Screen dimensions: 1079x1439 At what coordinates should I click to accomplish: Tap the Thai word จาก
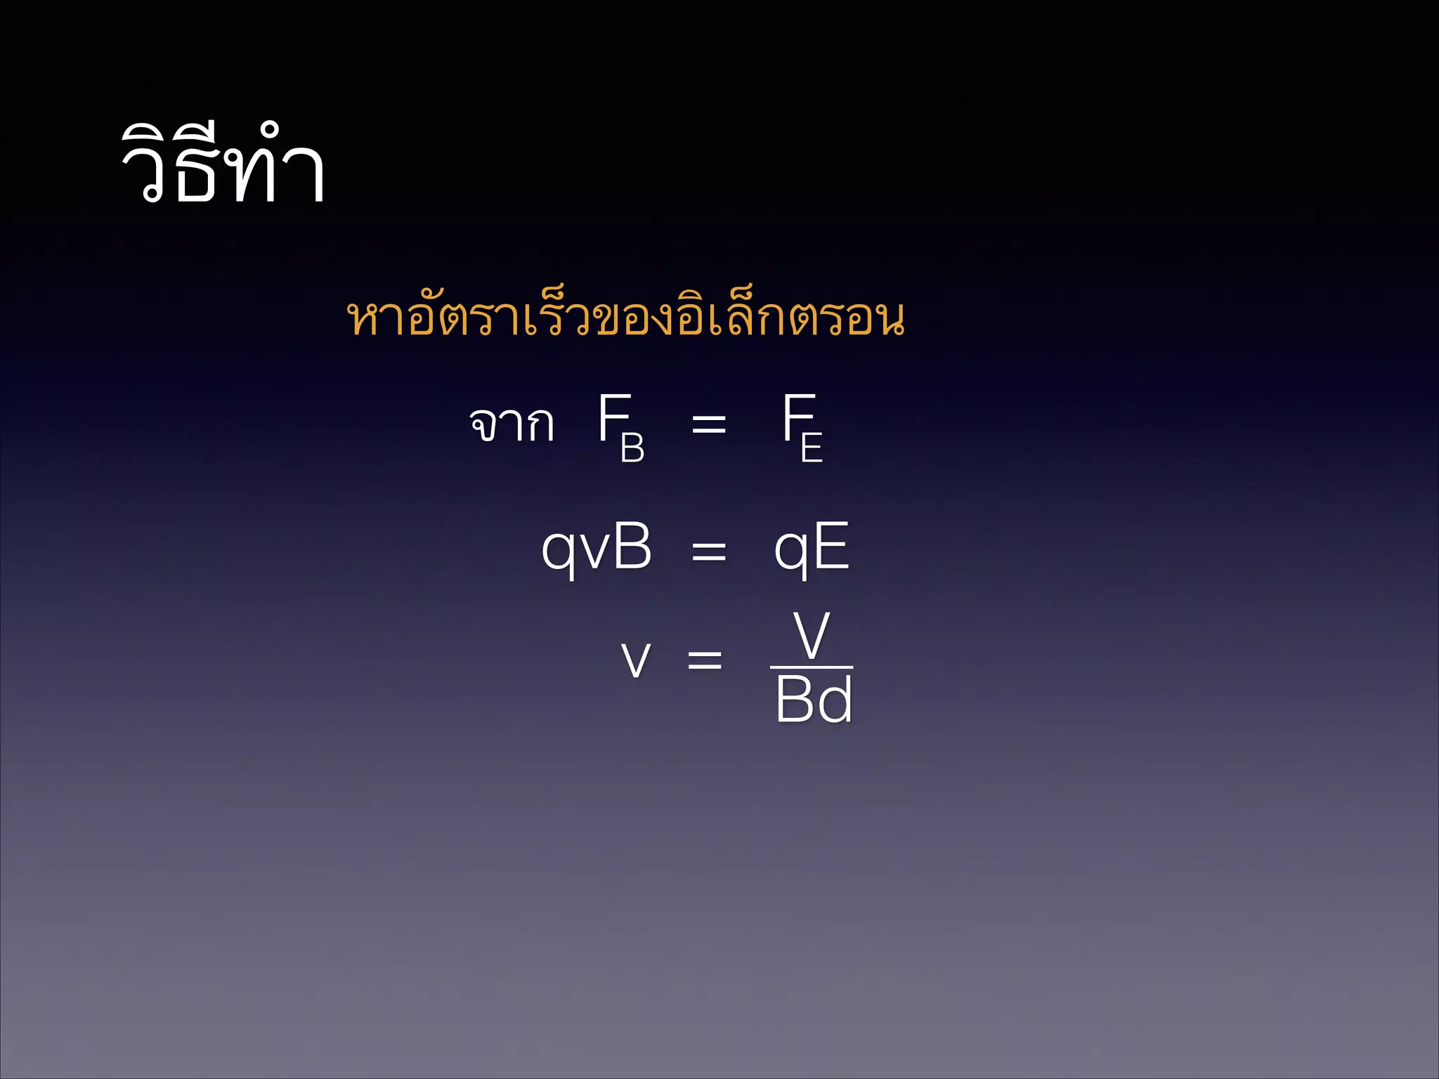coord(512,424)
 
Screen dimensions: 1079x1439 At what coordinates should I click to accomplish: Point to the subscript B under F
coord(632,447)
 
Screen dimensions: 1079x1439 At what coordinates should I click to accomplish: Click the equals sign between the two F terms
coord(708,424)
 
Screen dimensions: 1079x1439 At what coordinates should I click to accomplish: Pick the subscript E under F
coord(812,447)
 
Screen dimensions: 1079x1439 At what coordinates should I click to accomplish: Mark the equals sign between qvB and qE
coord(708,551)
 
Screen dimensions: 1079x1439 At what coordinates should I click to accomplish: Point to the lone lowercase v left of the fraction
coord(636,660)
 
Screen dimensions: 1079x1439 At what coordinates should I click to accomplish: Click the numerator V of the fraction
coord(812,635)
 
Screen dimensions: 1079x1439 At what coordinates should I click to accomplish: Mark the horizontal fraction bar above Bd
coord(812,667)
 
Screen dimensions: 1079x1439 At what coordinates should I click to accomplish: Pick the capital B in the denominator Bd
coord(794,700)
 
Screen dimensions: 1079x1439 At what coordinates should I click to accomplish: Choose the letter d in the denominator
coord(835,700)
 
